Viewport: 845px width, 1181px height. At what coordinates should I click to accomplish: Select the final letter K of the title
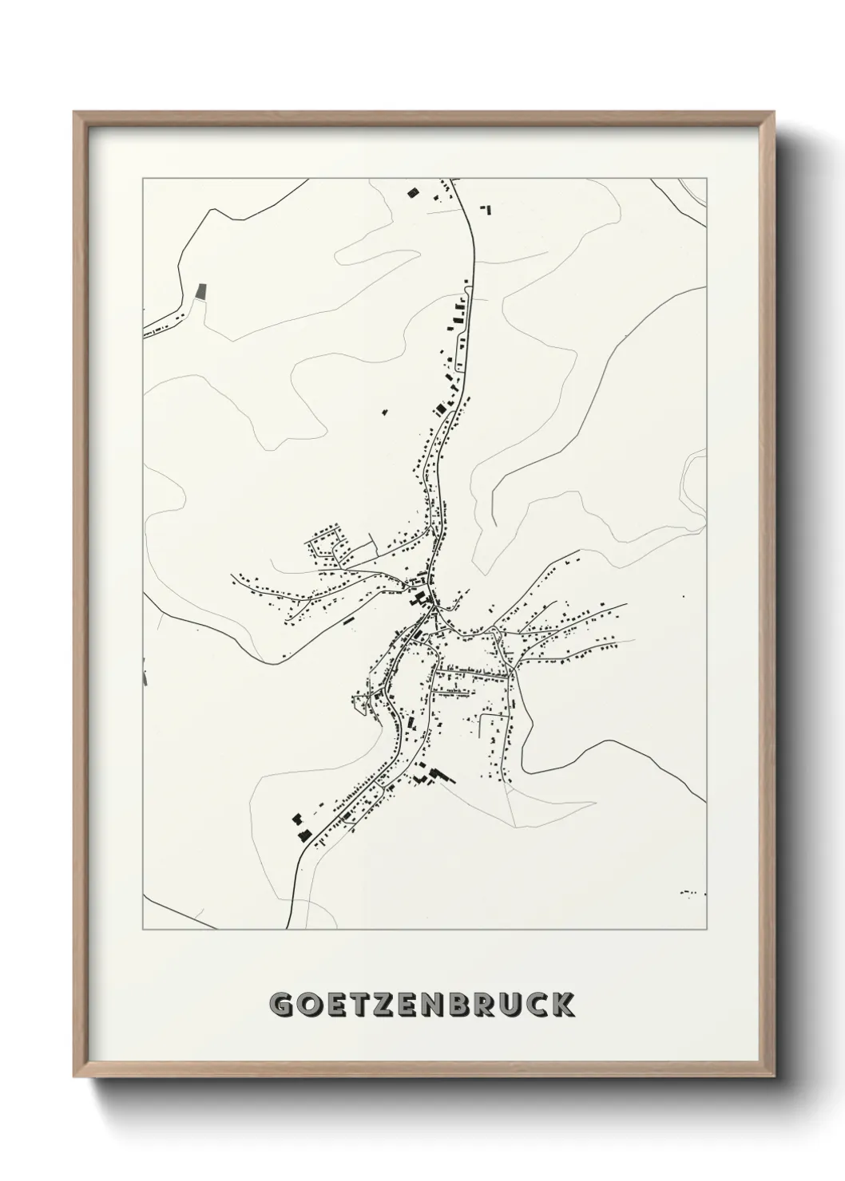[564, 1005]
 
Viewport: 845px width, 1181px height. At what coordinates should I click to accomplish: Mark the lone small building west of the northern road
[384, 413]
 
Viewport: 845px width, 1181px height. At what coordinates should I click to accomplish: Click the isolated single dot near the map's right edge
[683, 595]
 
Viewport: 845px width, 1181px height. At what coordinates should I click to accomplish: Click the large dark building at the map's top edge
[413, 192]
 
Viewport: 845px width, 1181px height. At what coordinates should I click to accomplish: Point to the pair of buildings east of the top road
[485, 209]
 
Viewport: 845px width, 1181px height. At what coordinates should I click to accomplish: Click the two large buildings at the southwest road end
[300, 827]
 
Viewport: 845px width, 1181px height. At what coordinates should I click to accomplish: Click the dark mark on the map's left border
[145, 673]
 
